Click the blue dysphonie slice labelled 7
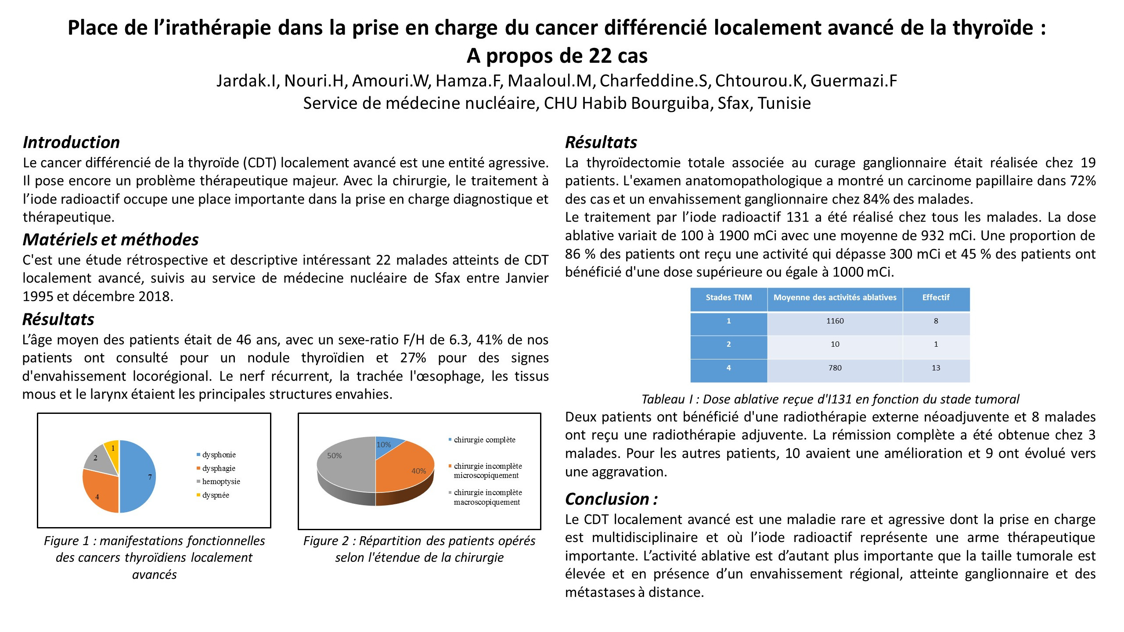click(x=138, y=476)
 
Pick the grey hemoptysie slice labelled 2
click(x=99, y=458)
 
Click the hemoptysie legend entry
click(x=221, y=481)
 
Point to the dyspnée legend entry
click(x=215, y=495)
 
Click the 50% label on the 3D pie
click(x=335, y=456)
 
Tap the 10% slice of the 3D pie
click(x=386, y=445)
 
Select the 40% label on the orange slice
click(x=418, y=471)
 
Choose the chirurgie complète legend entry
click(x=484, y=440)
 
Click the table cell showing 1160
click(x=835, y=321)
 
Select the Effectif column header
click(x=936, y=298)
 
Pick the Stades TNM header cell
click(x=728, y=298)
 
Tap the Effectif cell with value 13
click(x=936, y=368)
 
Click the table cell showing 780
click(x=835, y=368)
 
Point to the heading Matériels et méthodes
click(x=111, y=240)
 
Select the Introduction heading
click(x=71, y=142)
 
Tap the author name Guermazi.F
click(x=854, y=81)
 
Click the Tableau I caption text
click(x=830, y=399)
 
